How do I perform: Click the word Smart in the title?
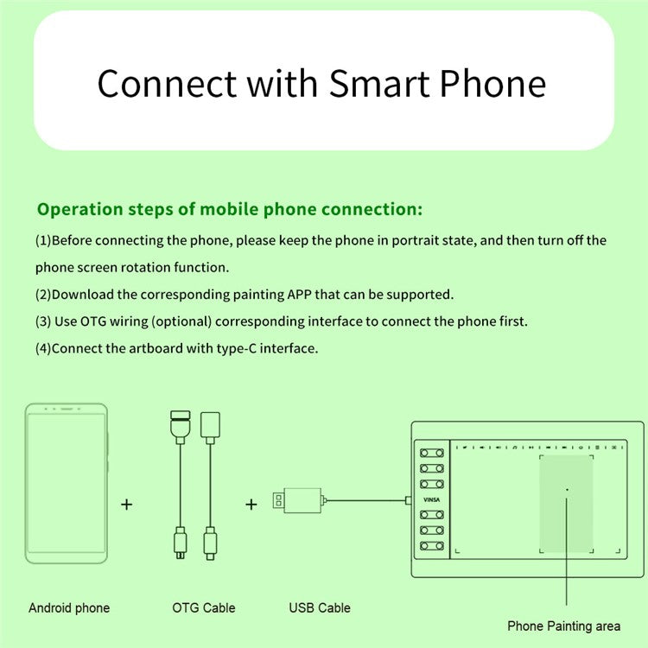click(379, 84)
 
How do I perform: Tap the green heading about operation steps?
click(230, 209)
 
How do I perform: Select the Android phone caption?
click(69, 608)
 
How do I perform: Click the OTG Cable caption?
click(204, 608)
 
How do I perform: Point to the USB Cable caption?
click(320, 608)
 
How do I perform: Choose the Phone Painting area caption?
click(563, 626)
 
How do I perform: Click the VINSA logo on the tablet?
click(431, 499)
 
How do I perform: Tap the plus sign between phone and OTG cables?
click(127, 505)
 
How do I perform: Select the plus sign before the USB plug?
click(251, 505)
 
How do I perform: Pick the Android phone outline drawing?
click(67, 484)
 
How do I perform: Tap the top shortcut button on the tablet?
click(432, 453)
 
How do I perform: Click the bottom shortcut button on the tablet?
click(432, 546)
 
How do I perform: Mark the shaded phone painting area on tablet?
click(566, 504)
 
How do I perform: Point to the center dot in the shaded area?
click(567, 490)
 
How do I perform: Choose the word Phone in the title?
click(492, 84)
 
